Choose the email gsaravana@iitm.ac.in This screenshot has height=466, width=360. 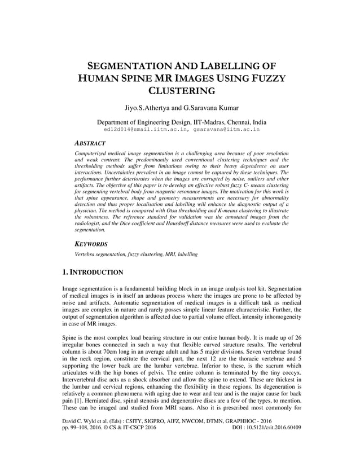point(226,129)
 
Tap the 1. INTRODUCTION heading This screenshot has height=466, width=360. point(93,272)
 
